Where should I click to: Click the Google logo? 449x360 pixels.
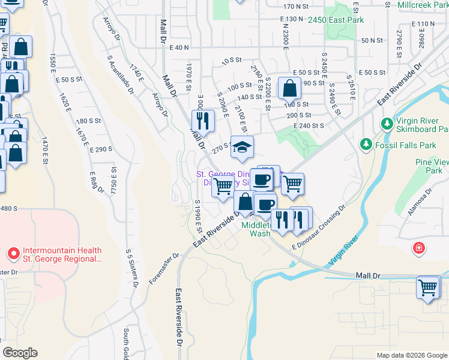(20, 353)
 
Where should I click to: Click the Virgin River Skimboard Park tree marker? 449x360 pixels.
(387, 124)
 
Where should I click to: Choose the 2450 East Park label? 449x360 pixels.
(336, 20)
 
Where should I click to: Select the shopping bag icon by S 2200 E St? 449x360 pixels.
(289, 89)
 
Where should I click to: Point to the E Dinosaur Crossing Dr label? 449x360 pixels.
(319, 227)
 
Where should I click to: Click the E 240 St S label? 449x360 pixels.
(309, 126)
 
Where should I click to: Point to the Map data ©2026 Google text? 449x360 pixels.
(412, 355)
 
